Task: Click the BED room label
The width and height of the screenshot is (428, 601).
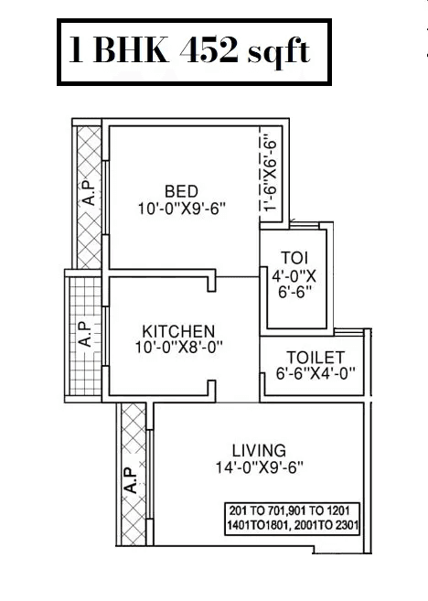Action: point(180,191)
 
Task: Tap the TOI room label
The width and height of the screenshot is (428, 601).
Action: point(293,256)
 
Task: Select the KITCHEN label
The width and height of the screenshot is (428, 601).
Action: point(178,330)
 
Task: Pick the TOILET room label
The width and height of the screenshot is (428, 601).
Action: point(315,357)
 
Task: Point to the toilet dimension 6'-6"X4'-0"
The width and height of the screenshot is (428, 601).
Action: point(315,373)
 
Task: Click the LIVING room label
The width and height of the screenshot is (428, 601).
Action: point(259,450)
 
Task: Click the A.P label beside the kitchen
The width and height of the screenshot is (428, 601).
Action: point(83,335)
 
